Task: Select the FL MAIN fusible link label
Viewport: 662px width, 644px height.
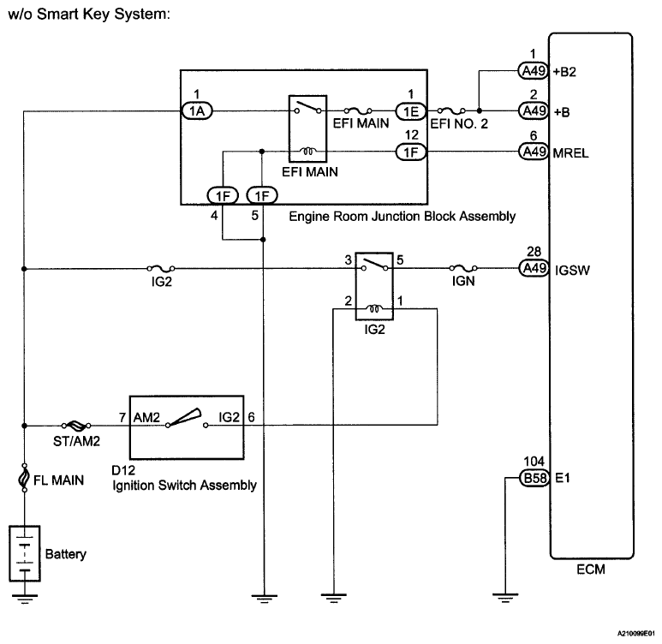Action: [x=59, y=480]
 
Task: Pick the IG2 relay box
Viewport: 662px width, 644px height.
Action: [x=373, y=286]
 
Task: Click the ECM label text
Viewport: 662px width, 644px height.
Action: [x=591, y=570]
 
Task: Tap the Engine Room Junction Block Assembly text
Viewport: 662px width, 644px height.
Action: [x=402, y=216]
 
